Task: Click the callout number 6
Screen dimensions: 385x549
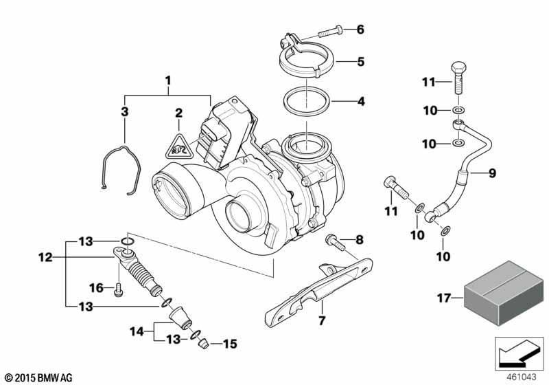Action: (360, 30)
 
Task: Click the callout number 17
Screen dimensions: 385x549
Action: (443, 298)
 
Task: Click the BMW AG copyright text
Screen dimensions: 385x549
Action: (38, 377)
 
